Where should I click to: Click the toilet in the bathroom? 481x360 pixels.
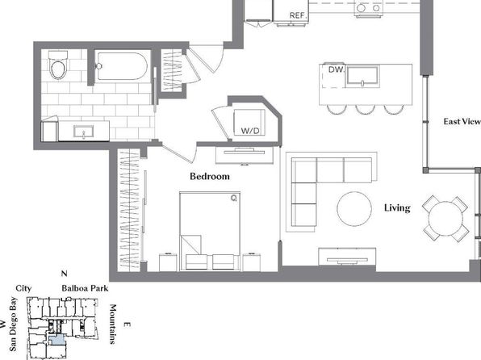click(58, 65)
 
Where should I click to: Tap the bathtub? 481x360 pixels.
click(122, 66)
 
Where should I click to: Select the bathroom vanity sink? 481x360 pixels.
click(84, 132)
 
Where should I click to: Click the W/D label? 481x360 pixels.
click(250, 131)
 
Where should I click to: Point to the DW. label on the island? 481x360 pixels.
click(337, 69)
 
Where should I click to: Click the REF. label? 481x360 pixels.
click(298, 15)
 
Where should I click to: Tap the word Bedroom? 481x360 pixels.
click(210, 177)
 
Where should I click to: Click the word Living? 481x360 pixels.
click(397, 208)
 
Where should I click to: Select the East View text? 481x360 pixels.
click(462, 122)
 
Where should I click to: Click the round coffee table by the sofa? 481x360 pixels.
click(354, 209)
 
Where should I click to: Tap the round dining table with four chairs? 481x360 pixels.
click(445, 219)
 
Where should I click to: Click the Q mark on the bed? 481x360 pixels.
click(234, 199)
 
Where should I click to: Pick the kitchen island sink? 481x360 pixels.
click(362, 76)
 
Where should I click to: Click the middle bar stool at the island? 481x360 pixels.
click(365, 110)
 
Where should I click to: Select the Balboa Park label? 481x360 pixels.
click(85, 288)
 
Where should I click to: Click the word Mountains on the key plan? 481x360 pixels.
click(113, 324)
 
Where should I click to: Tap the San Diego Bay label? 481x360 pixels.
click(13, 324)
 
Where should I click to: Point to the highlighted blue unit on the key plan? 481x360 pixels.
click(56, 340)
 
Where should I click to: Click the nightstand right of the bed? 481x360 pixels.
click(252, 262)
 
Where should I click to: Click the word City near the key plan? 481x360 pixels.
click(23, 288)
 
